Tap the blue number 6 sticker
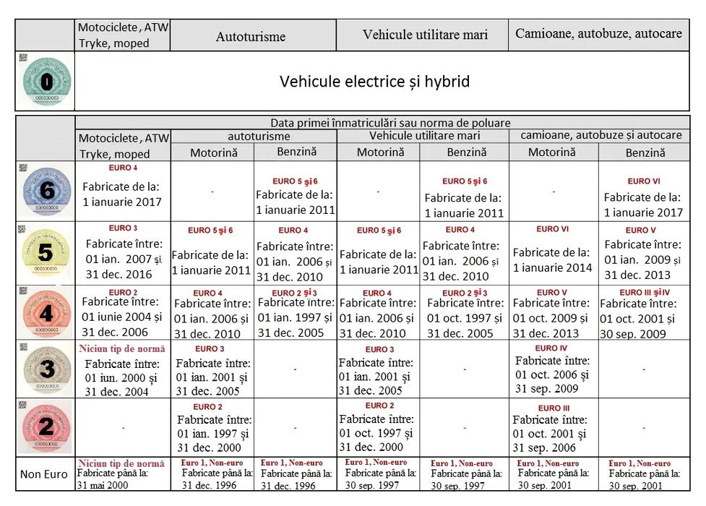coord(46,192)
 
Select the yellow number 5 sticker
coord(46,254)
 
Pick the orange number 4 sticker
coord(46,314)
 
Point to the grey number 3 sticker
coord(46,369)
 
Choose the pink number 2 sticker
coord(46,426)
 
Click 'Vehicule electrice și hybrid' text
coord(374,81)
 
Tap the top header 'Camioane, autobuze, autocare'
coord(598,34)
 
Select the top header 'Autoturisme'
coord(251,36)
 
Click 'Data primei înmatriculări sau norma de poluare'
coord(390,123)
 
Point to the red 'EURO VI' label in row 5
coord(553,229)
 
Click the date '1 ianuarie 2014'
coord(552,267)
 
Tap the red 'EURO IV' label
coord(552,348)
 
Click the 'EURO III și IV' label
coord(645,293)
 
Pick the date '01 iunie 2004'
coord(121,317)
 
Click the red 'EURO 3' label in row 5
coord(123,228)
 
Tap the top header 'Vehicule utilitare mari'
coord(425,35)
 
